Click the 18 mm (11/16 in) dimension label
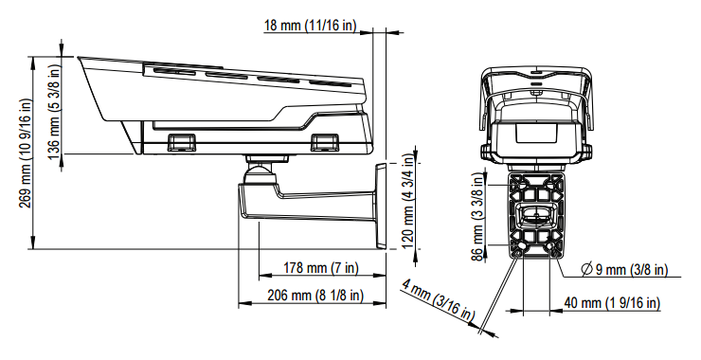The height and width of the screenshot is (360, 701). [311, 25]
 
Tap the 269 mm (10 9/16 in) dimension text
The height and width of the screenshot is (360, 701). [26, 153]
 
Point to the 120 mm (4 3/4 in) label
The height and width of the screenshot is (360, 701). [407, 201]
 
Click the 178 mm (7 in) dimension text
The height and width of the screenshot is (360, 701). [321, 268]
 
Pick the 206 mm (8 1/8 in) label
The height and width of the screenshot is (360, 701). [315, 296]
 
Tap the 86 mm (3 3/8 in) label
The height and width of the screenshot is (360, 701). [478, 217]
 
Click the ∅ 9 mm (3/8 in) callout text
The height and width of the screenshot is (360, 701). [624, 269]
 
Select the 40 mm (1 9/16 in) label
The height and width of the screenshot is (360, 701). [612, 303]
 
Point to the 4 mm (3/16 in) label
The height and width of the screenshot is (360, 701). [438, 300]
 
